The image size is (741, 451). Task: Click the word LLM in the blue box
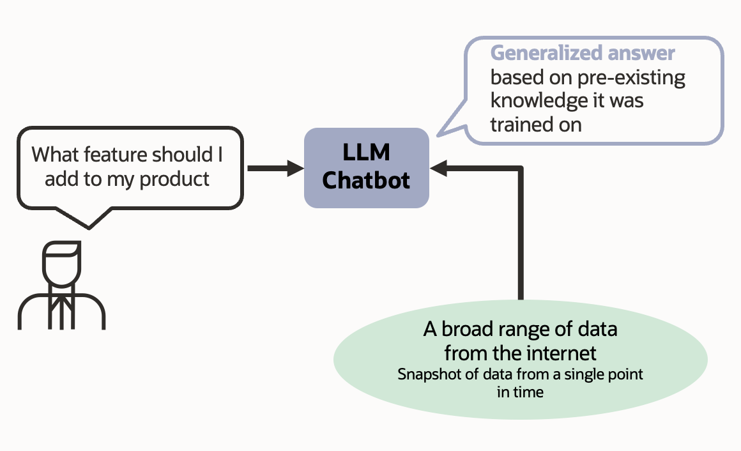(x=366, y=153)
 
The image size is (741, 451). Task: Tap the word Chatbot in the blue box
(x=366, y=180)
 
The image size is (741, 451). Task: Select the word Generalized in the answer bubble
(x=545, y=53)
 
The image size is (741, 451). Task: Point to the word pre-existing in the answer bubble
(x=630, y=77)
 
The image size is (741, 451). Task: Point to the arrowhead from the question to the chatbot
(x=296, y=169)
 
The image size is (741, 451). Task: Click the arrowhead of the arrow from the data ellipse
(x=439, y=169)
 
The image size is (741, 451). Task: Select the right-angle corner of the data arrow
(x=520, y=169)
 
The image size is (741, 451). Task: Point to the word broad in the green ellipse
(x=467, y=330)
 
